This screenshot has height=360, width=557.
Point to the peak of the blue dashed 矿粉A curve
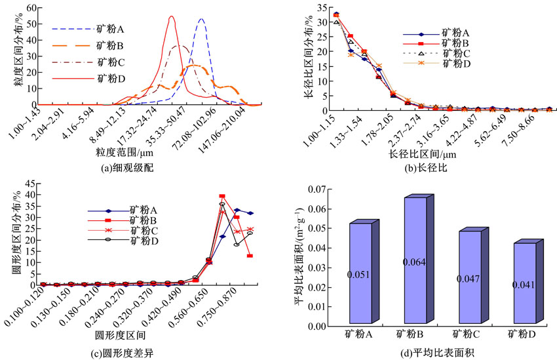(201, 19)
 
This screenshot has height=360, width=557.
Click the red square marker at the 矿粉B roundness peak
(222, 196)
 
